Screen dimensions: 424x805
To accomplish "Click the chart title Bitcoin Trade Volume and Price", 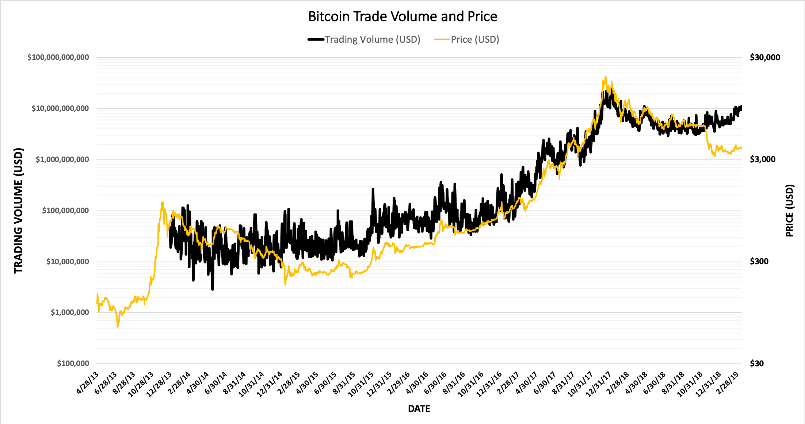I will click(402, 17).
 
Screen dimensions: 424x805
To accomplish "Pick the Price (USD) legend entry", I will click(474, 39).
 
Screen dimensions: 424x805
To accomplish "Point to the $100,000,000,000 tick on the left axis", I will click(58, 57).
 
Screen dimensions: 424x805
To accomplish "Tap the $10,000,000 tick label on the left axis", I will click(68, 262).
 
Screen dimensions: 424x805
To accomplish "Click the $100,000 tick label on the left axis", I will click(73, 363).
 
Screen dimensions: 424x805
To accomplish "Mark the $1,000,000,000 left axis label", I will click(62, 159).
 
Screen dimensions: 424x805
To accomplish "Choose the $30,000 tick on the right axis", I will click(765, 57).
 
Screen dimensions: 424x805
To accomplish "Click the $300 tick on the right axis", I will click(759, 261).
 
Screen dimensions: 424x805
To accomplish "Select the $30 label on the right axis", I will click(757, 363).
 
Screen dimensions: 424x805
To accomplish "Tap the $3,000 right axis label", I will click(762, 159).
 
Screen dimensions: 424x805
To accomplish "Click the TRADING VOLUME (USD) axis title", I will click(18, 211).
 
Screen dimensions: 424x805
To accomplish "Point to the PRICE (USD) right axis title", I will click(789, 211).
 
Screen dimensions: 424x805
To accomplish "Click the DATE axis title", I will click(419, 409).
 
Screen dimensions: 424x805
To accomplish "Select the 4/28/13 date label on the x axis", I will click(88, 383).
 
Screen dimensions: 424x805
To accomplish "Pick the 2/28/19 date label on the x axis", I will click(728, 383).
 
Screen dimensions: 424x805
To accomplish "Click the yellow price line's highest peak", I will click(606, 77).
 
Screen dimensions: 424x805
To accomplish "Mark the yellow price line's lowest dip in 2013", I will click(118, 327).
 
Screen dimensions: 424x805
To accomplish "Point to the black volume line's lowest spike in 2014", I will click(213, 289).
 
